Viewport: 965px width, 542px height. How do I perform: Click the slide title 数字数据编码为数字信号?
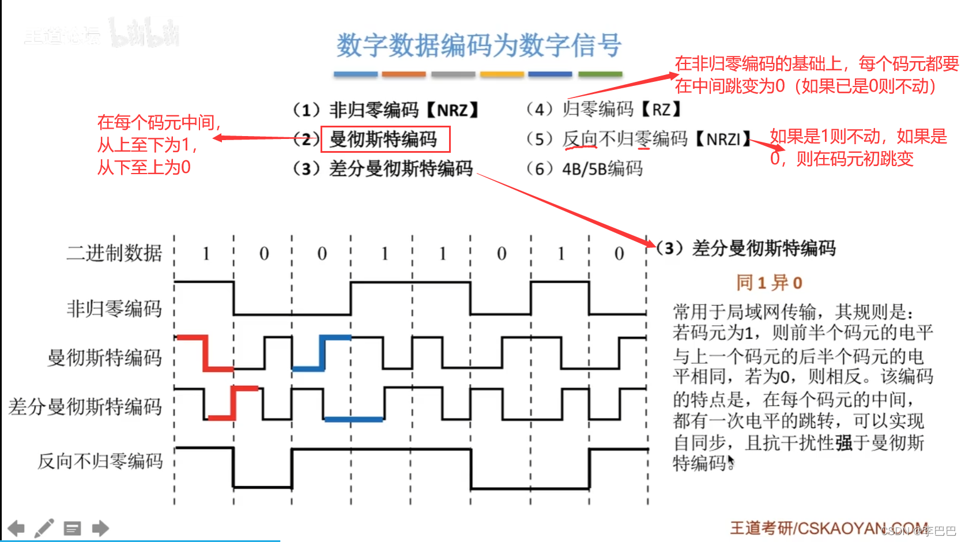click(x=478, y=45)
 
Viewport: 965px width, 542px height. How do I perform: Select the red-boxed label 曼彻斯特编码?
click(x=384, y=139)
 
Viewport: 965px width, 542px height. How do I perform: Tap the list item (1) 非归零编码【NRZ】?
click(x=386, y=110)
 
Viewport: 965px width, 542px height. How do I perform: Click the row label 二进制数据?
click(x=114, y=253)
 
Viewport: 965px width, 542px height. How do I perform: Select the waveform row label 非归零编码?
click(x=114, y=308)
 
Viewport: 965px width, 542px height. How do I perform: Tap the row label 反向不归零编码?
click(x=100, y=461)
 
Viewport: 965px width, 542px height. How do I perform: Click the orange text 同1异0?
click(x=769, y=283)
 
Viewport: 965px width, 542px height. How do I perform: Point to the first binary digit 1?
click(x=205, y=253)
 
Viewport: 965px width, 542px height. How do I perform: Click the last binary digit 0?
click(x=619, y=253)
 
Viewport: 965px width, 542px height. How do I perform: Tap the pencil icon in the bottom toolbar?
click(x=44, y=528)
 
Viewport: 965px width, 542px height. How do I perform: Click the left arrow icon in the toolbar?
click(x=16, y=528)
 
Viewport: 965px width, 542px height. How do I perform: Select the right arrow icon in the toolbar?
click(x=100, y=528)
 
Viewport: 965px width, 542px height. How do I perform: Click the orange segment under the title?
click(x=404, y=74)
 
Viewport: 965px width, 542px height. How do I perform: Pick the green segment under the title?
click(x=600, y=74)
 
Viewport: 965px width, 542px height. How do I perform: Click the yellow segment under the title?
click(x=502, y=74)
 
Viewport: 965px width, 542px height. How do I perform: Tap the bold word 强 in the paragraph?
click(x=844, y=443)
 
